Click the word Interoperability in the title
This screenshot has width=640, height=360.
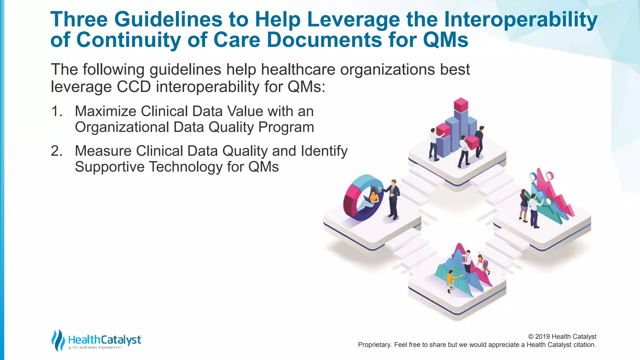coord(520,19)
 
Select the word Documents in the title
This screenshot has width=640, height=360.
coord(324,40)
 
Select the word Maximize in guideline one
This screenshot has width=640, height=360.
coord(105,112)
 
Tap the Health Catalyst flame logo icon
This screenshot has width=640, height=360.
coord(58,340)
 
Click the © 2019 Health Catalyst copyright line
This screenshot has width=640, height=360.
coord(562,337)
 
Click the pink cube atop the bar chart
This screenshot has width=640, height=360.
coord(461,105)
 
